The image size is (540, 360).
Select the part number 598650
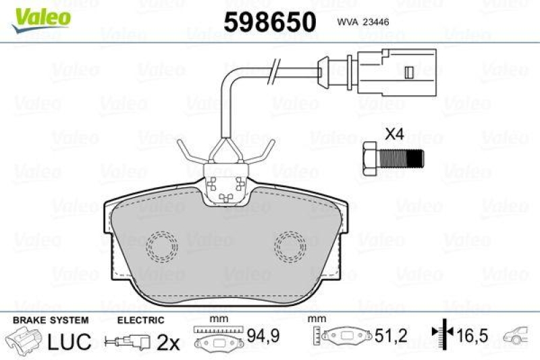pos(269,22)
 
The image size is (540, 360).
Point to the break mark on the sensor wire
pos(275,69)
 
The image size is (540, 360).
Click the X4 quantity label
pos(394,134)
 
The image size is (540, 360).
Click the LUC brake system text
pos(69,342)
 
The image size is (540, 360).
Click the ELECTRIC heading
pos(140,320)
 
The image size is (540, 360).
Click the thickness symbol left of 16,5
pos(440,334)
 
